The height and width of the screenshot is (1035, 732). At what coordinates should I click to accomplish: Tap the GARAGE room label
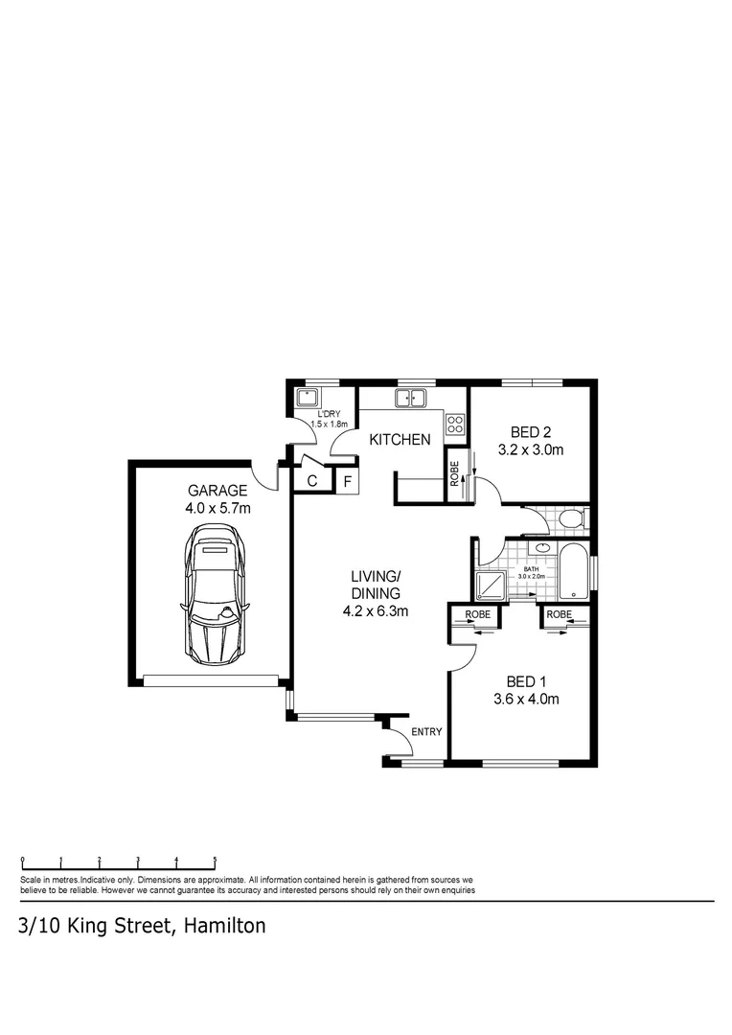[x=217, y=490]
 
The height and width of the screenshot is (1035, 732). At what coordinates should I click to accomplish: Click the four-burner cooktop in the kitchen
[x=455, y=423]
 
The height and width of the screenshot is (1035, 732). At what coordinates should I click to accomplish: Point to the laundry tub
[x=309, y=396]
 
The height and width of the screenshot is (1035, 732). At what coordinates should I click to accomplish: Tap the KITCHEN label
[x=400, y=440]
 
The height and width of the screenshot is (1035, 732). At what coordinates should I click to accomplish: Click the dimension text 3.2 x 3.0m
[x=531, y=449]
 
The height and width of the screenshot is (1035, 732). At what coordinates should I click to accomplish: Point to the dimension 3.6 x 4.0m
[x=526, y=699]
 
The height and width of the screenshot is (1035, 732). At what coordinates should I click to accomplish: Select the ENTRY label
[x=426, y=732]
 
